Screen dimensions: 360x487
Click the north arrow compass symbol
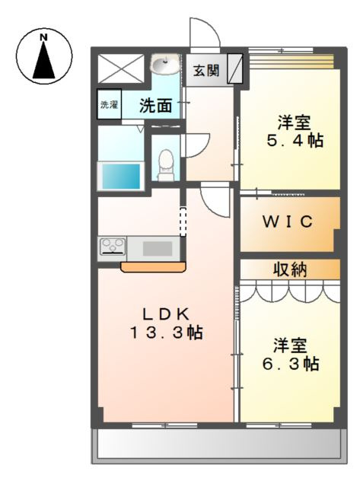point(44,56)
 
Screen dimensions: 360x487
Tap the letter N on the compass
point(44,37)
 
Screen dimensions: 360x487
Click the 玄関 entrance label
point(206,71)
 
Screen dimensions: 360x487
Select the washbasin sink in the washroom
point(165,64)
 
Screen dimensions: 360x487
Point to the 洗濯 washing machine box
point(109,104)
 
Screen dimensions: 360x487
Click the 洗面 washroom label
point(155,106)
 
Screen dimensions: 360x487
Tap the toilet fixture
point(166,165)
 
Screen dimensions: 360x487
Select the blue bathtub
point(121,176)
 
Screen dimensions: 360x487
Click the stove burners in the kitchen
point(112,246)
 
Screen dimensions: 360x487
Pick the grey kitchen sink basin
point(158,249)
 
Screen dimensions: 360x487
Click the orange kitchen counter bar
point(153,267)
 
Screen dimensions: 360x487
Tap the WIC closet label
point(288,221)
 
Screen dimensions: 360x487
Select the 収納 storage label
point(290,269)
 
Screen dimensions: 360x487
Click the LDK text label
point(166,315)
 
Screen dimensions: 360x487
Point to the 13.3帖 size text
point(167,333)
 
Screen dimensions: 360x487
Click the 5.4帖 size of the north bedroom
point(295,141)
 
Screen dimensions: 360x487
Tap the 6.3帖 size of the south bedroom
point(291,364)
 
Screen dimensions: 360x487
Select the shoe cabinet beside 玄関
point(234,68)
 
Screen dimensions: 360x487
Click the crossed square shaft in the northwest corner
point(121,68)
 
